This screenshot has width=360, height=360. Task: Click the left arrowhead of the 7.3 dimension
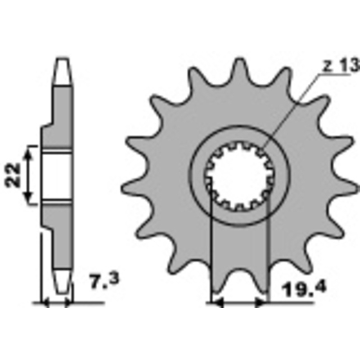45,304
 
